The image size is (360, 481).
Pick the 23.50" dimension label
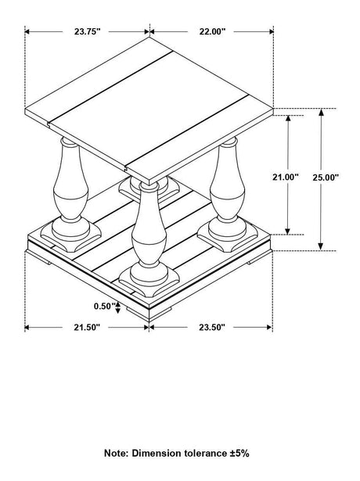tap(211, 328)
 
